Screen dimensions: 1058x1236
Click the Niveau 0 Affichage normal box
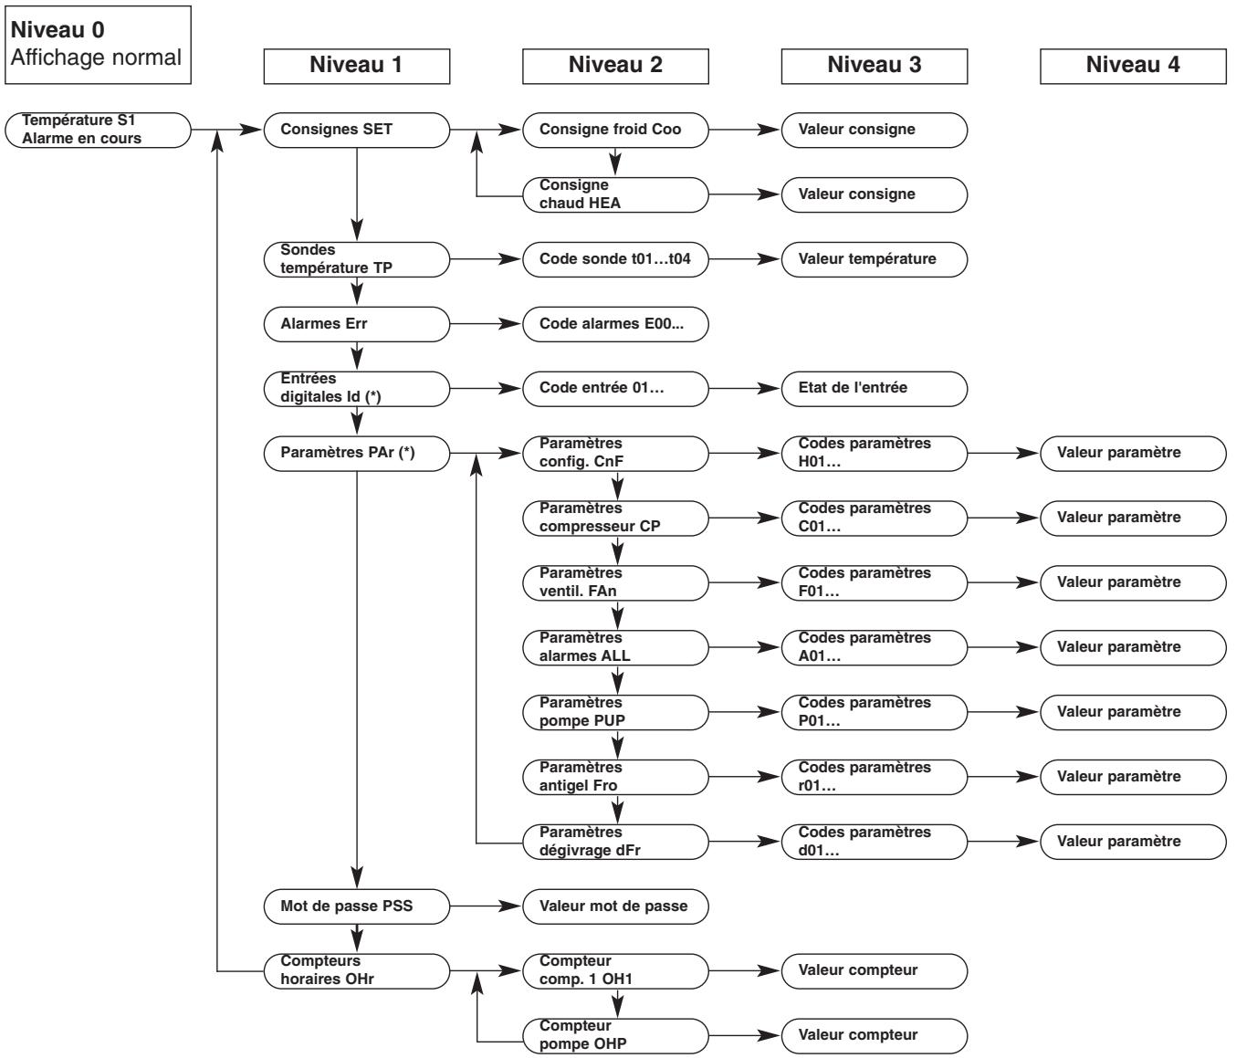coord(96,44)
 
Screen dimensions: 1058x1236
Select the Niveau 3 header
coord(875,66)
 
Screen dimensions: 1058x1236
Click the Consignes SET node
coord(357,130)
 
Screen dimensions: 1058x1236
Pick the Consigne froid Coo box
coord(615,130)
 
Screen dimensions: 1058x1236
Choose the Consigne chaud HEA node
coord(615,194)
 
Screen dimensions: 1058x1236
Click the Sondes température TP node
coord(357,259)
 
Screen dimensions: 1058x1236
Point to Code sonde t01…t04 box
coord(615,259)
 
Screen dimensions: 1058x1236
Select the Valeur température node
coord(875,259)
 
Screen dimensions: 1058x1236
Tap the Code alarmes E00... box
coord(615,323)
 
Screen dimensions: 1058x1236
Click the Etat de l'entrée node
coord(875,388)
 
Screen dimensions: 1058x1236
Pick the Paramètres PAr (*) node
coord(357,453)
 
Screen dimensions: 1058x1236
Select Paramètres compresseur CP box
coord(615,518)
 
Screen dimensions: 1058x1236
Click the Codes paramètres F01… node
coord(875,582)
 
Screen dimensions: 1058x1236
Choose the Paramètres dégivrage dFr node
coord(615,842)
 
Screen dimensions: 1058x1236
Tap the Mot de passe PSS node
coord(357,906)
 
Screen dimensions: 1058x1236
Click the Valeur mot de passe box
coord(615,906)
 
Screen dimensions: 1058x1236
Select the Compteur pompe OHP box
coord(615,1035)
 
